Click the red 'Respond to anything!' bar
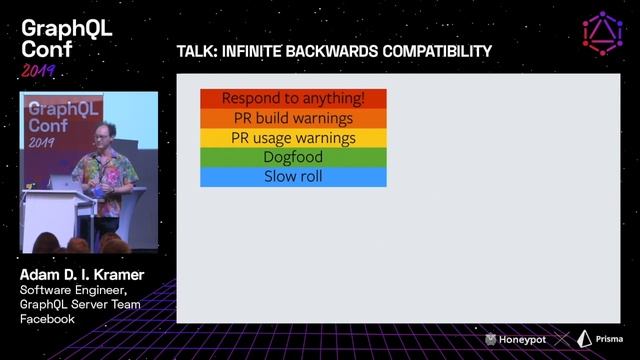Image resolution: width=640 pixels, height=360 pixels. point(293,99)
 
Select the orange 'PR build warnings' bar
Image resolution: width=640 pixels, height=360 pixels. point(293,118)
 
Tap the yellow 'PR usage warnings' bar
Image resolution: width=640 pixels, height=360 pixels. point(293,138)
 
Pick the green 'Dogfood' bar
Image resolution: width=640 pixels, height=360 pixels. point(293,157)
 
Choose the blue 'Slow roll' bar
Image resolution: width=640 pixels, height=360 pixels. point(293,177)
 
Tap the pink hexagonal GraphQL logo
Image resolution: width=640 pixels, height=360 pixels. point(602,33)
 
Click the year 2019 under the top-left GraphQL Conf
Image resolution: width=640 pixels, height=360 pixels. point(38,71)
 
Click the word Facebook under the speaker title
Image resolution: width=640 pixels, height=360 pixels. point(48,319)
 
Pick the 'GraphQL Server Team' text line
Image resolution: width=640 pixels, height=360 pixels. point(80,304)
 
